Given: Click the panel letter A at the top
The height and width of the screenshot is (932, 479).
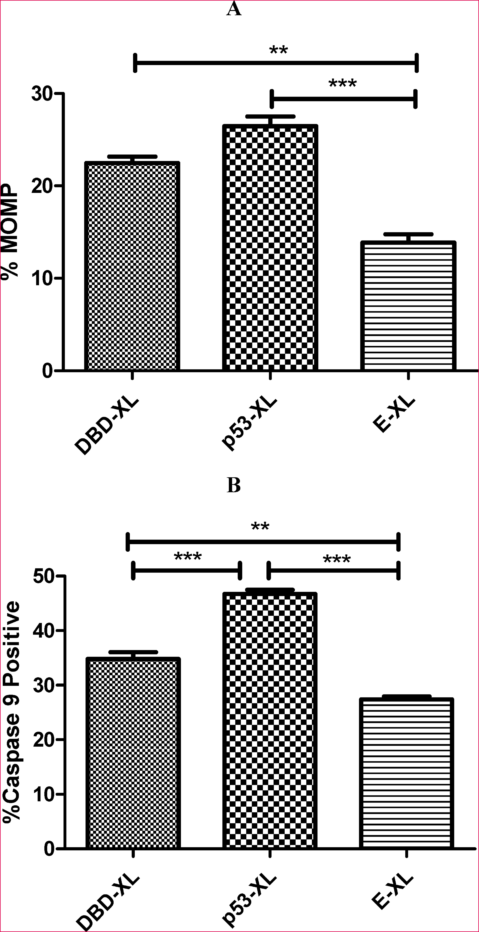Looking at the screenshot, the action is [234, 9].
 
